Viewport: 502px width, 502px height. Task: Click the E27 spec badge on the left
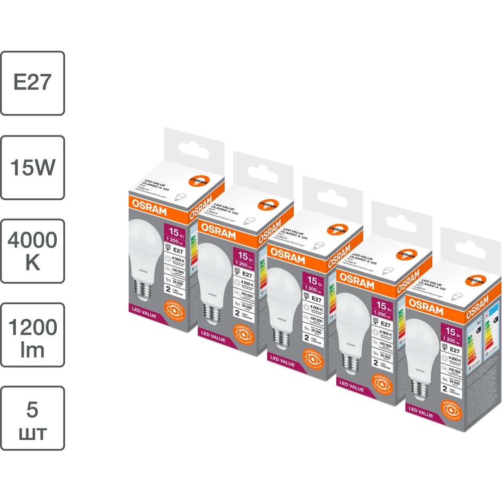tap(32, 83)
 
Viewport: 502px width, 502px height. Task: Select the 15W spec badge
tap(32, 167)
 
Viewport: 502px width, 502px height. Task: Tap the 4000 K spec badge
tap(32, 251)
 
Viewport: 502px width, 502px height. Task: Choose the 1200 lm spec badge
tap(32, 335)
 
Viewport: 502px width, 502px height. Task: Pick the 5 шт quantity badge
tap(32, 418)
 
